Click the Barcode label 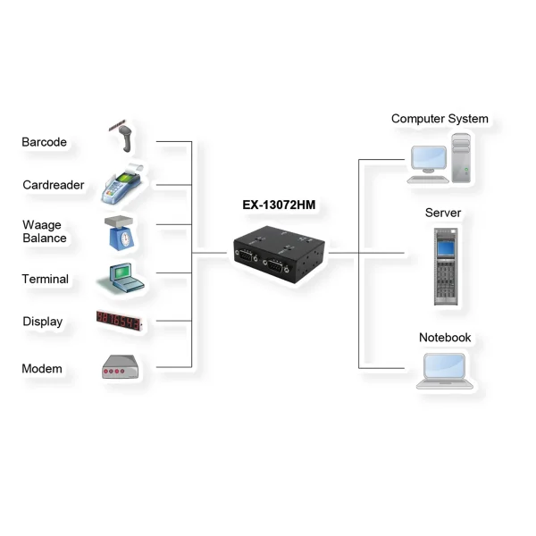[x=44, y=142]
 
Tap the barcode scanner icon [x=123, y=135]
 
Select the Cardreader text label [x=54, y=185]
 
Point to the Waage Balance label [x=44, y=231]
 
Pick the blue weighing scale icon [x=121, y=230]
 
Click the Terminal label [x=45, y=279]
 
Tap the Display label [x=42, y=322]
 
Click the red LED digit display [x=120, y=322]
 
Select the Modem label [x=41, y=368]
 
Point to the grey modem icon [x=119, y=368]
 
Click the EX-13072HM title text [x=279, y=205]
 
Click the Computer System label [x=440, y=119]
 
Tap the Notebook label [x=445, y=338]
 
